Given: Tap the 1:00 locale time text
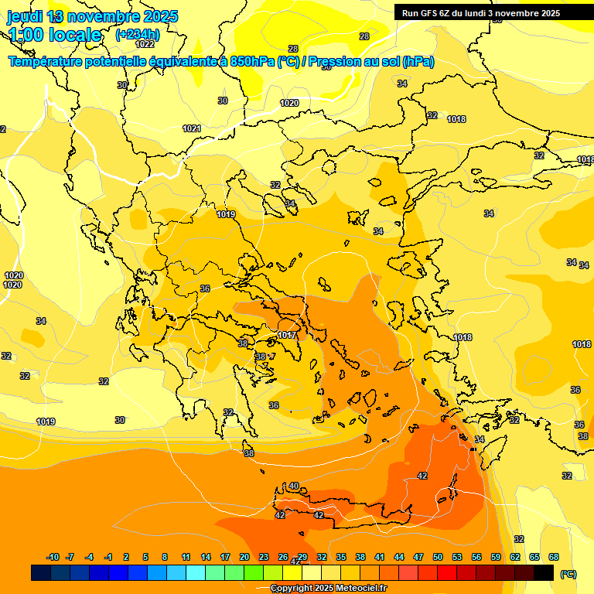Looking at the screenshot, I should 55,35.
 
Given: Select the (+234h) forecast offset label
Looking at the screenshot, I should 138,35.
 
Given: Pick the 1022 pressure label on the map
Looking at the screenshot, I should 145,44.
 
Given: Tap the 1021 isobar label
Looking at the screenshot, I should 192,128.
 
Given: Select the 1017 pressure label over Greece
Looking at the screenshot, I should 287,335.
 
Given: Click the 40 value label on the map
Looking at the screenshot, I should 294,486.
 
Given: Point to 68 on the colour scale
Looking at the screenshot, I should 554,557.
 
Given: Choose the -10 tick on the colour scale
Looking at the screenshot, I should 53,557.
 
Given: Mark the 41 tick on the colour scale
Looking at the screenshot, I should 380,557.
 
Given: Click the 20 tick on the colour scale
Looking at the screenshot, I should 244,557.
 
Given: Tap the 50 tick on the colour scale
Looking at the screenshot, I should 438,557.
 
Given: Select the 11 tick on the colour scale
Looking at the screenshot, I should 186,557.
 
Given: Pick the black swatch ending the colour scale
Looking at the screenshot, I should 544,572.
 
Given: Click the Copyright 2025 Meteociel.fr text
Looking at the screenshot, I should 329,589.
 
